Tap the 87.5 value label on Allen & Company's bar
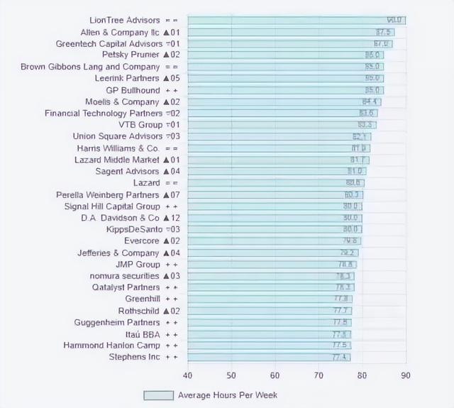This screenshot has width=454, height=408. pyautogui.click(x=384, y=32)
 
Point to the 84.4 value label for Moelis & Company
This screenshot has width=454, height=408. pyautogui.click(x=370, y=101)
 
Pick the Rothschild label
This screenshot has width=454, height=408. pyautogui.click(x=140, y=311)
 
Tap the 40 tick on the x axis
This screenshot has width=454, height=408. pyautogui.click(x=188, y=375)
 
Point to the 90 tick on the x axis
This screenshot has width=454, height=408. pyautogui.click(x=406, y=375)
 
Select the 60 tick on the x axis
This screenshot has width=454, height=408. pyautogui.click(x=275, y=375)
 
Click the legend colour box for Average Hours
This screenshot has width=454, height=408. pyautogui.click(x=158, y=395)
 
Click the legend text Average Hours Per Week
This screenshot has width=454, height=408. pyautogui.click(x=228, y=395)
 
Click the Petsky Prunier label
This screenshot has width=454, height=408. pyautogui.click(x=131, y=55)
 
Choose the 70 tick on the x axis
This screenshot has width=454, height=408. pyautogui.click(x=319, y=375)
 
